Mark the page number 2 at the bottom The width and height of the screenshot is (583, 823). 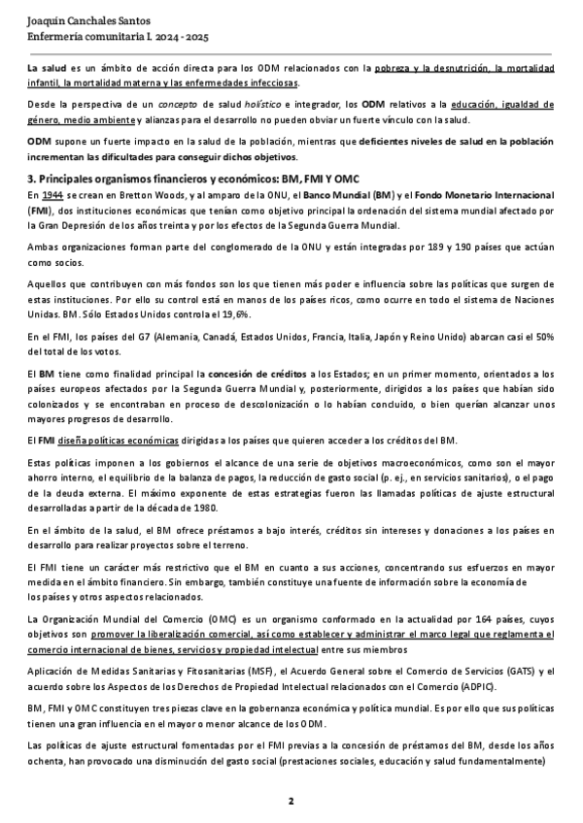point(291,801)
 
